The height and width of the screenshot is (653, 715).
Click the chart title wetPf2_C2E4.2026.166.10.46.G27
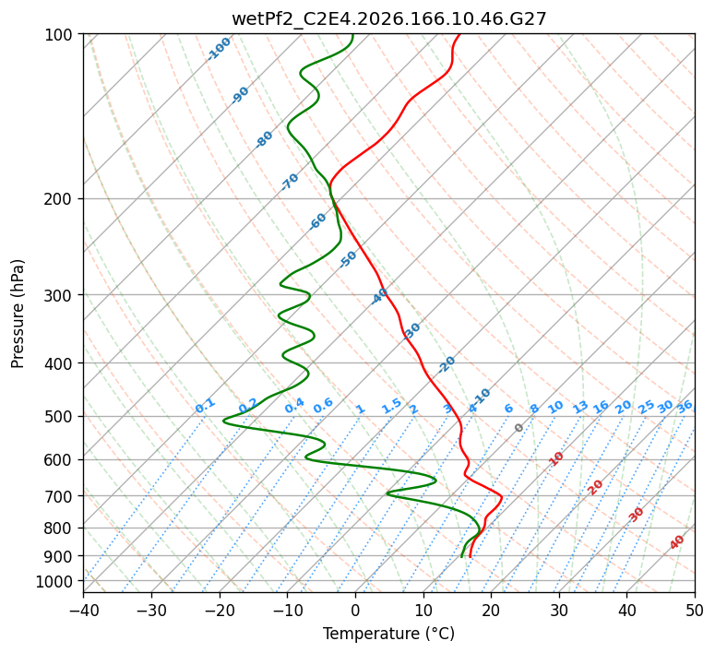click(x=389, y=19)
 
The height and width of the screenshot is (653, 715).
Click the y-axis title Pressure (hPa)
click(x=18, y=314)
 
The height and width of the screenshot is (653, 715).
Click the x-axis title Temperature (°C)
click(x=389, y=634)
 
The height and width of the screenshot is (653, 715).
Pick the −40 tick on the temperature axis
click(x=83, y=609)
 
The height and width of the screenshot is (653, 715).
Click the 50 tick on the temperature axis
click(x=695, y=609)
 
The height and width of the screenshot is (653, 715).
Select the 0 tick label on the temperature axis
click(x=356, y=609)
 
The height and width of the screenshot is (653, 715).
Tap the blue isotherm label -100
click(x=219, y=49)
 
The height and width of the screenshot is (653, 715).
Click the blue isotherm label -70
click(x=290, y=182)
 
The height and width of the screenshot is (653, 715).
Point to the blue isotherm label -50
click(x=348, y=259)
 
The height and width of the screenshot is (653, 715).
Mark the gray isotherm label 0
click(x=518, y=428)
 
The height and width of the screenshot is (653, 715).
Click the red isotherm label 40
click(x=677, y=542)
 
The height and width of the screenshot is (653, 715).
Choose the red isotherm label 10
click(x=556, y=458)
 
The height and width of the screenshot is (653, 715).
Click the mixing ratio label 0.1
click(x=205, y=406)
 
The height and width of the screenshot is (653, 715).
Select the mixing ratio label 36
click(x=685, y=407)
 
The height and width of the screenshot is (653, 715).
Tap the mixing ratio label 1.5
click(x=392, y=406)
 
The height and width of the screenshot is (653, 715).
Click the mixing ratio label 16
click(x=602, y=407)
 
